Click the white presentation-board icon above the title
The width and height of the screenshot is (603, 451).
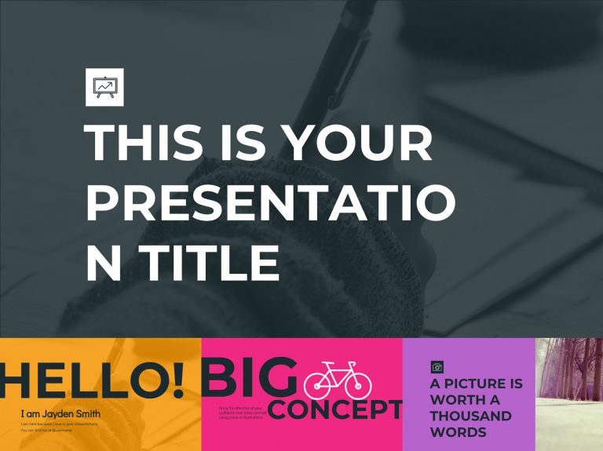(104, 87)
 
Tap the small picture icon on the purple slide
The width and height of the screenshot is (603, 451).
(437, 366)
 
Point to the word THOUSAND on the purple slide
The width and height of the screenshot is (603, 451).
(470, 416)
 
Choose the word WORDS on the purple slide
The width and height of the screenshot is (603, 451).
(458, 432)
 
